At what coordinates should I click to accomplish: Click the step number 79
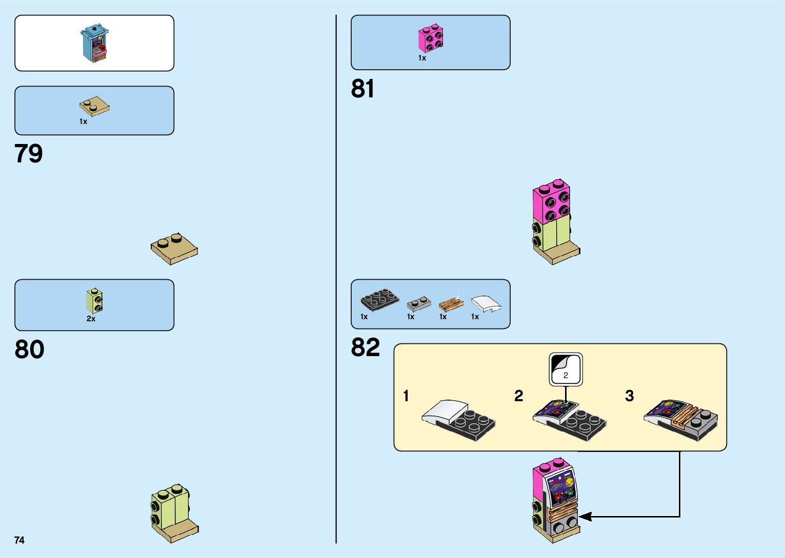pyautogui.click(x=29, y=153)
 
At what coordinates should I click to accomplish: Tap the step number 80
pyautogui.click(x=29, y=349)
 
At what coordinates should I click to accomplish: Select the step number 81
pyautogui.click(x=363, y=89)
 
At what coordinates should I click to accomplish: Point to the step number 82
pyautogui.click(x=365, y=347)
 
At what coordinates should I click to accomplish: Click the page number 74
pyautogui.click(x=19, y=540)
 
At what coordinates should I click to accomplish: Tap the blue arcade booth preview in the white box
pyautogui.click(x=95, y=43)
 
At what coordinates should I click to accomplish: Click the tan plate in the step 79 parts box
pyautogui.click(x=94, y=106)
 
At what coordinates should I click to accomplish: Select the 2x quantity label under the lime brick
pyautogui.click(x=91, y=319)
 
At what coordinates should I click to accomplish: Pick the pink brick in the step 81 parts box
pyautogui.click(x=431, y=38)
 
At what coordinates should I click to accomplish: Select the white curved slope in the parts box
pyautogui.click(x=486, y=303)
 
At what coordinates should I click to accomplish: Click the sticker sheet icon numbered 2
pyautogui.click(x=566, y=369)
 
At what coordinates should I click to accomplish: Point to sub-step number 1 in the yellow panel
pyautogui.click(x=406, y=396)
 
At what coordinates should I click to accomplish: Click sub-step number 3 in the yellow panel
pyautogui.click(x=629, y=396)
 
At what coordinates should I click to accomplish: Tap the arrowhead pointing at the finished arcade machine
pyautogui.click(x=585, y=516)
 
